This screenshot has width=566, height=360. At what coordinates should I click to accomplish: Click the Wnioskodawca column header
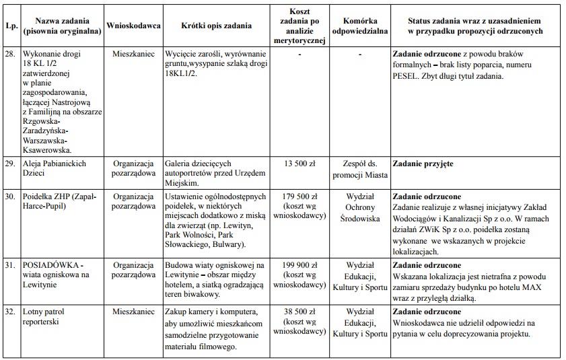pos(133,26)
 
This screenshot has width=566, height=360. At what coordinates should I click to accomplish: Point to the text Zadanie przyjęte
pos(423,163)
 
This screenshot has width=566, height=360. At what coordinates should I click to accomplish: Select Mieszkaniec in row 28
pos(133,52)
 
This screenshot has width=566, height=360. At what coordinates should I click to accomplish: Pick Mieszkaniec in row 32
pos(133,312)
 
